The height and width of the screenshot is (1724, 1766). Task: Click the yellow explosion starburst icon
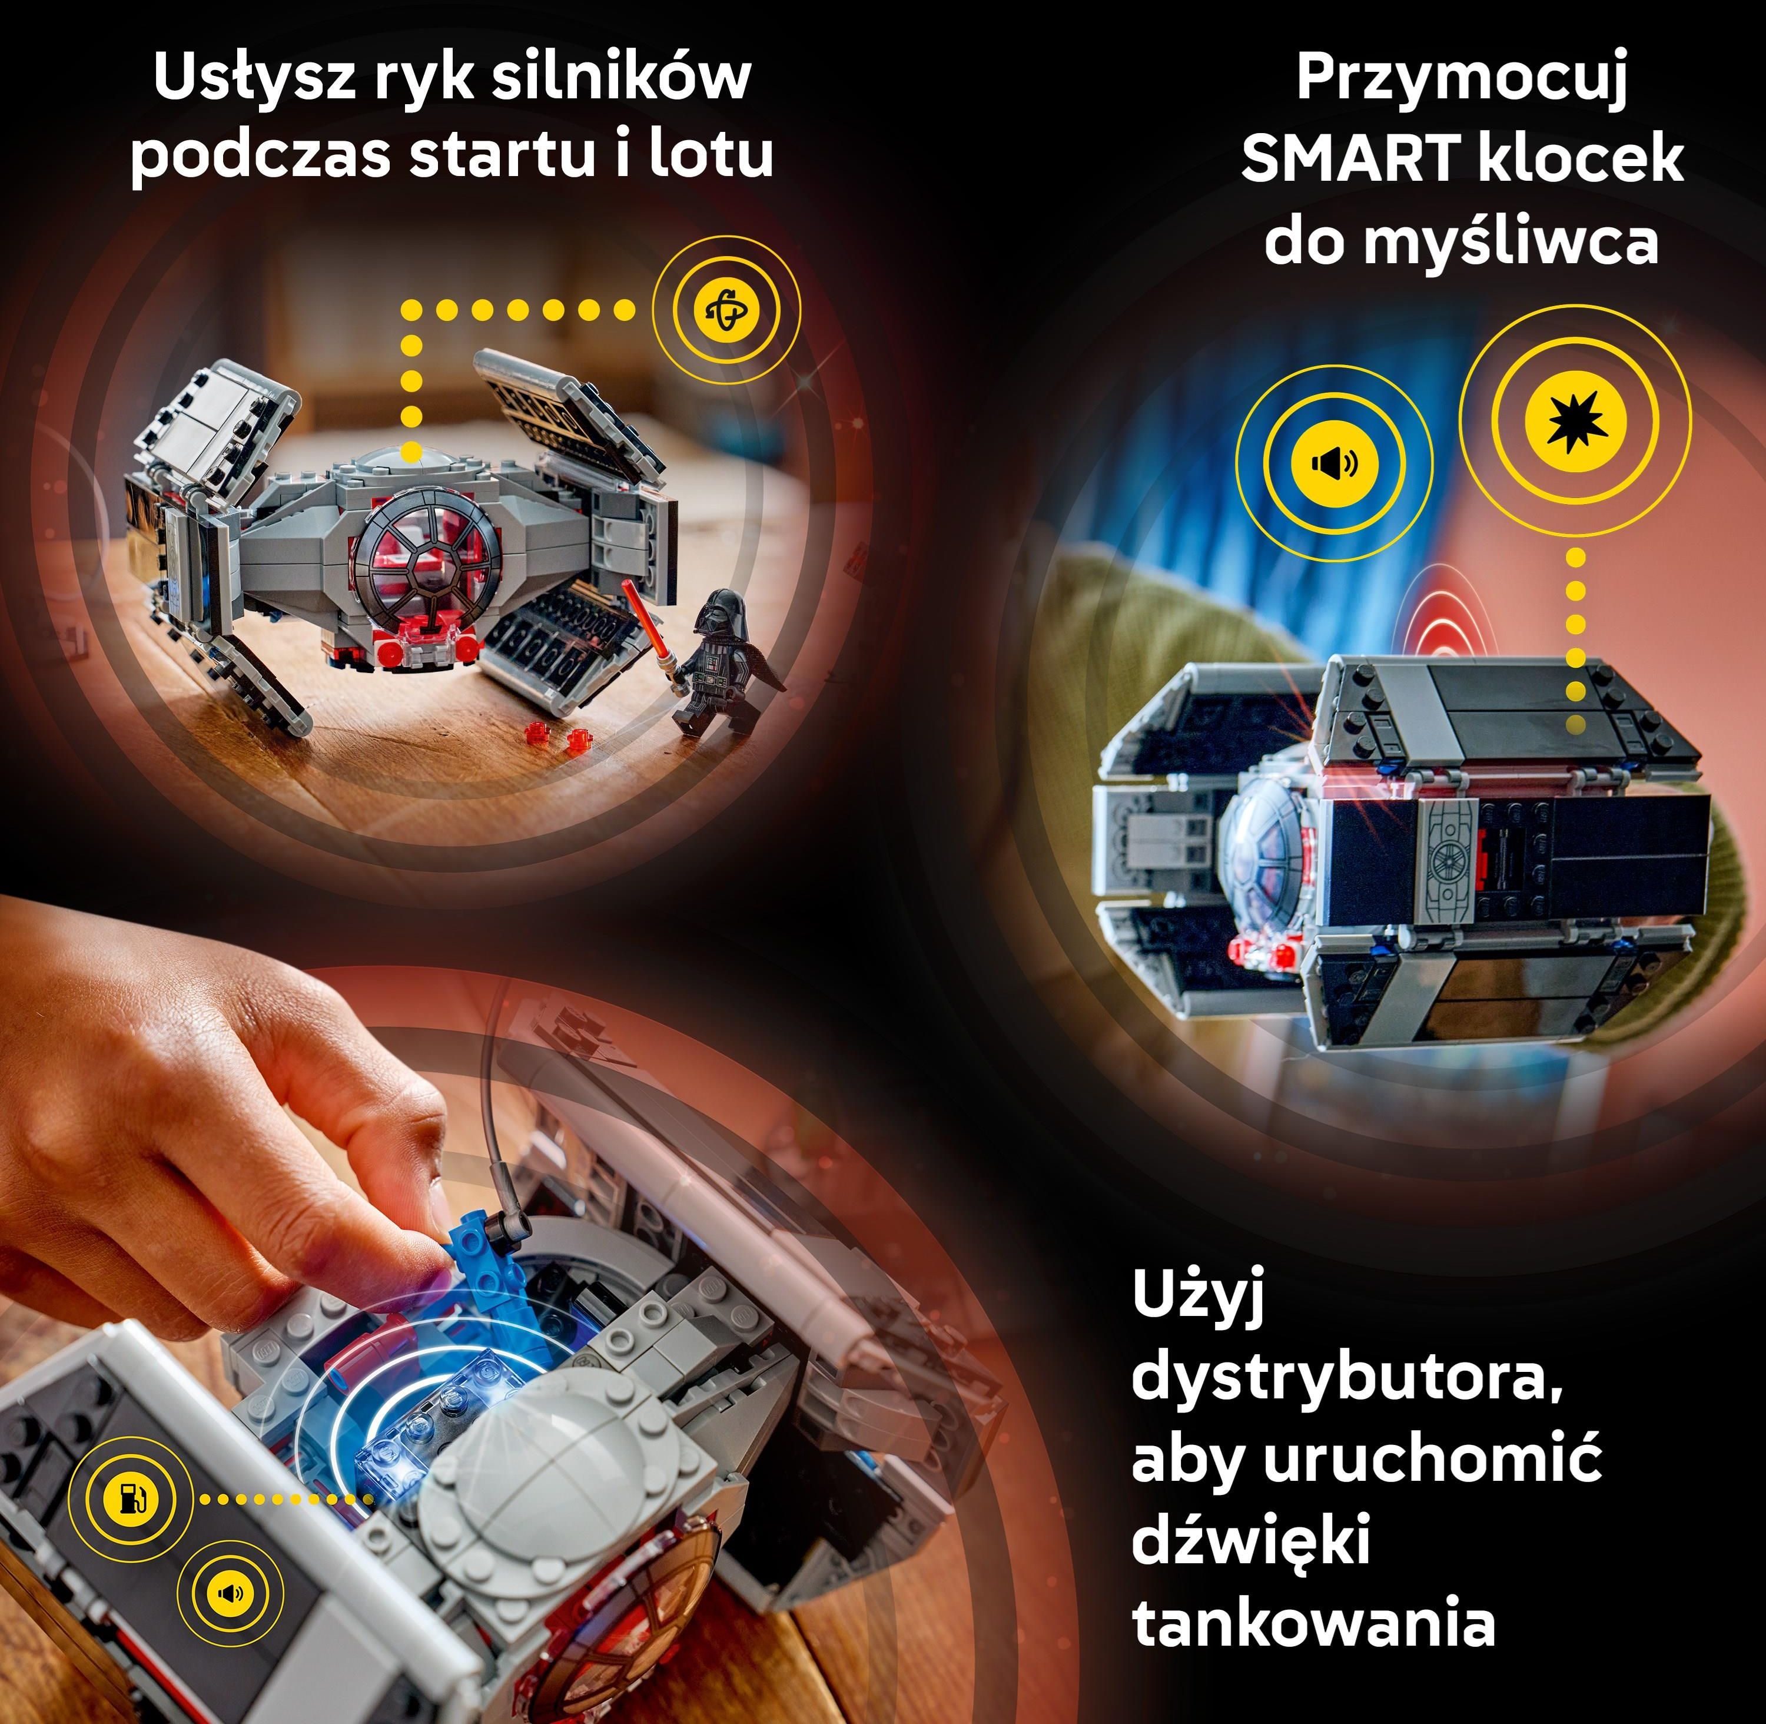coord(1575,421)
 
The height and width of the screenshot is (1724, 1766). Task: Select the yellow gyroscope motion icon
coord(728,310)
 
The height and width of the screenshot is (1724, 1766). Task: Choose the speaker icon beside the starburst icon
coord(1335,463)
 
